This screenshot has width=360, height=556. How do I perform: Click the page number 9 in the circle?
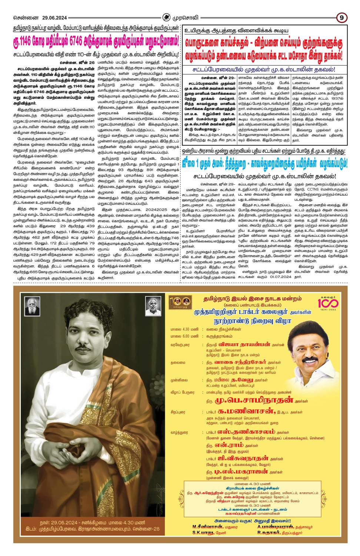341,17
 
